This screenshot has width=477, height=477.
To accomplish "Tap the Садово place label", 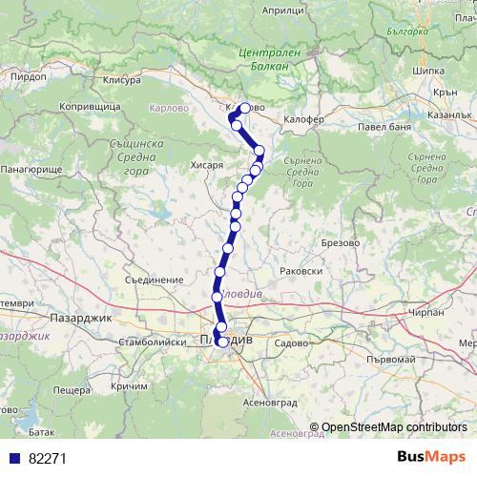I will (290, 341).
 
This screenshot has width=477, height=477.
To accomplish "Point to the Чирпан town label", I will (424, 311).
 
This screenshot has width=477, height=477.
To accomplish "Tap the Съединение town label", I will (153, 281).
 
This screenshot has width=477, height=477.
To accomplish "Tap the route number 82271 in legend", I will (47, 458).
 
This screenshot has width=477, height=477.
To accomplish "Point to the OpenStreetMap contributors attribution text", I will (394, 428).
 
